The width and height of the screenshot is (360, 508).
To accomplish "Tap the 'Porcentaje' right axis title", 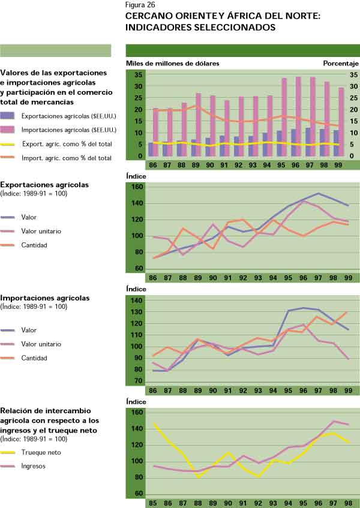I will point(340,63).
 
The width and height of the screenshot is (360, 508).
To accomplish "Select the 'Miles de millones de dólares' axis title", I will point(172,63).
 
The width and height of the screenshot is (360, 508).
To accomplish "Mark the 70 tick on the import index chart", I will point(137,381).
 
